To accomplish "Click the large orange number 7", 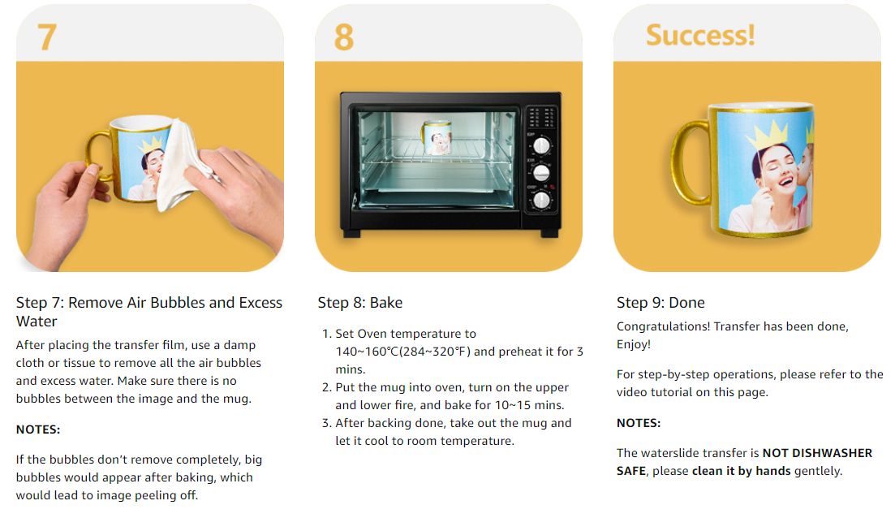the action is tap(47, 37).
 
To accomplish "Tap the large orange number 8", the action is tap(343, 37).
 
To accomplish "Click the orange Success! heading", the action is tap(700, 35).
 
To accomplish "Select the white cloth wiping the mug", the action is tap(182, 165).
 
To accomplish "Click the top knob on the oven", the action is tap(541, 145).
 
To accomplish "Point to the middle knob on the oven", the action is tap(541, 172).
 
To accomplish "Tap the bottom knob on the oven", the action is tap(541, 200).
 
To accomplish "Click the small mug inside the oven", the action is tap(437, 137).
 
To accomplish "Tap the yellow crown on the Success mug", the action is tap(768, 136).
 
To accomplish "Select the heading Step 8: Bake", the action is tap(359, 303).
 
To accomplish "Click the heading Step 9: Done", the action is tap(660, 303).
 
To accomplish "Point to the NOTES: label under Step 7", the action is tap(37, 430).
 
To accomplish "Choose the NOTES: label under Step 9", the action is tap(638, 423).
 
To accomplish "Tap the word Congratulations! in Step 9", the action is tap(663, 326).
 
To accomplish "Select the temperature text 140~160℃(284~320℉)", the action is tap(403, 352).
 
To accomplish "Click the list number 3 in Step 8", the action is tap(325, 423).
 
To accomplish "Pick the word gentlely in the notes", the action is tap(818, 471).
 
